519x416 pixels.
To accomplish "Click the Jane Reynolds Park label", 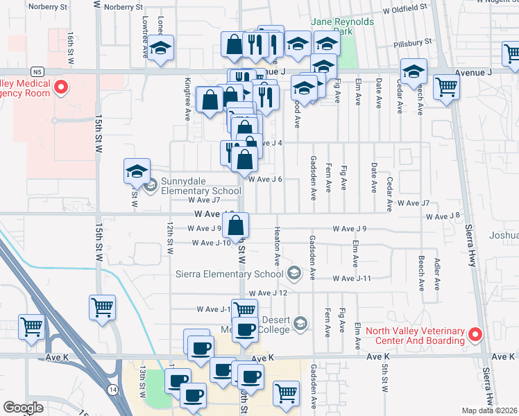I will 343,26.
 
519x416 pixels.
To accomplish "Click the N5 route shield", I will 37,71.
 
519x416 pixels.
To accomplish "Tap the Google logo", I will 24,408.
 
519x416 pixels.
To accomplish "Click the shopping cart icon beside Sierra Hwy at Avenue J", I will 446,87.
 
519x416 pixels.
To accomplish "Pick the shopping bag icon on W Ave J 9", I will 237,225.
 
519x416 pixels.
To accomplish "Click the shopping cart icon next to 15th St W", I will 103,306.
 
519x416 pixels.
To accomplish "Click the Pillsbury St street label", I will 412,42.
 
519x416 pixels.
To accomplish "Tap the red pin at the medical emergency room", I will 60,87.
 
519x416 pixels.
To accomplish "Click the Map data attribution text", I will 488,410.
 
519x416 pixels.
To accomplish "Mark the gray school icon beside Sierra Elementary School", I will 295,272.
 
